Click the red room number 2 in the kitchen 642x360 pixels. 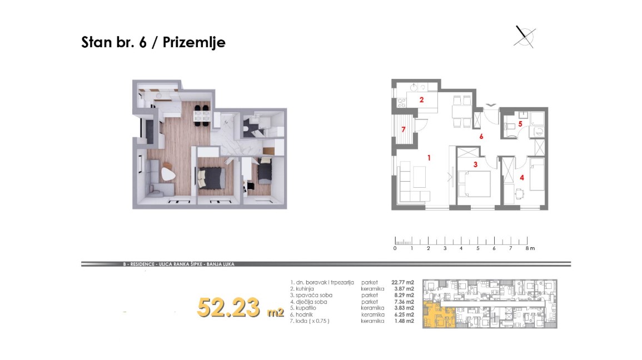click(x=421, y=99)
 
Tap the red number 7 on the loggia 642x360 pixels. click(x=404, y=129)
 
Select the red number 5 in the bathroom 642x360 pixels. click(x=520, y=123)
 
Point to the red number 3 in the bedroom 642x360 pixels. click(x=475, y=164)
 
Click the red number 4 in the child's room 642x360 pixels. click(x=521, y=178)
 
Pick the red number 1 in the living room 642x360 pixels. click(x=429, y=158)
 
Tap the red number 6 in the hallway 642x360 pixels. click(x=481, y=136)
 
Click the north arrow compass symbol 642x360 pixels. click(x=525, y=37)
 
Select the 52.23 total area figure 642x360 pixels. click(x=228, y=308)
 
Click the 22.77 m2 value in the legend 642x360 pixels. click(x=402, y=282)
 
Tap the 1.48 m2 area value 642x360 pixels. click(x=404, y=321)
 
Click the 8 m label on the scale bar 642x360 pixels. click(x=530, y=248)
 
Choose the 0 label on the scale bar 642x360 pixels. click(x=395, y=248)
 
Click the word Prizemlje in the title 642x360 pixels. click(x=194, y=42)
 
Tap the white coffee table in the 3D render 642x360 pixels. click(x=168, y=173)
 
